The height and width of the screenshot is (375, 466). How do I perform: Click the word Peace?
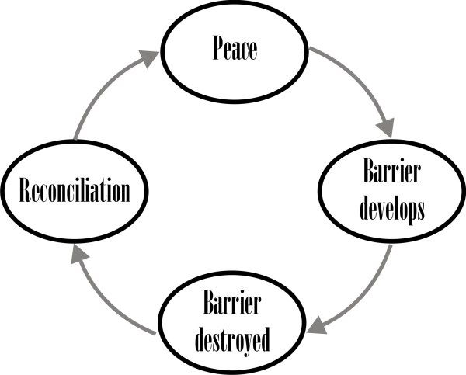[235, 48]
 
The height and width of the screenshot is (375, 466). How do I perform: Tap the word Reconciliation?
[75, 190]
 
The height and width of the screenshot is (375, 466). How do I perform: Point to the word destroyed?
[232, 341]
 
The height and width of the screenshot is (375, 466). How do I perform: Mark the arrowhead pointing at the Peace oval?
[150, 58]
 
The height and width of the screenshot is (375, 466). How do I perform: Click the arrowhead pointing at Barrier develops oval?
[386, 128]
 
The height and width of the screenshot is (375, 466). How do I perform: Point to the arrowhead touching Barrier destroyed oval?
[317, 325]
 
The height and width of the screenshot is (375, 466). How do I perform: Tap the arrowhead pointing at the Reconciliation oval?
[79, 255]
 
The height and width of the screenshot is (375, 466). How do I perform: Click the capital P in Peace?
[218, 48]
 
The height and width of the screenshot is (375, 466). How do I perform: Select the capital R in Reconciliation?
[26, 190]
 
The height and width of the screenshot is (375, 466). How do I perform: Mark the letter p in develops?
[412, 214]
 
